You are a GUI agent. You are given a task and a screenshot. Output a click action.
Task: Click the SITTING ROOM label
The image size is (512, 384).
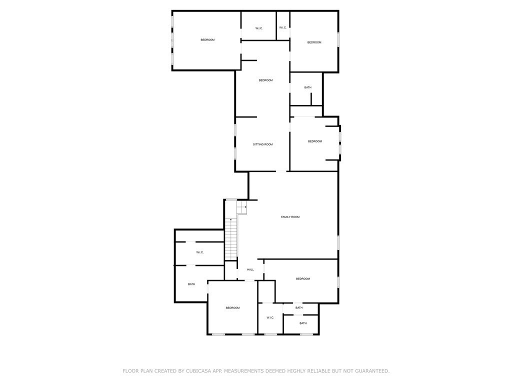(262, 144)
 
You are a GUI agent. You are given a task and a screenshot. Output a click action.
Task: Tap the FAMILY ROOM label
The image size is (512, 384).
(290, 217)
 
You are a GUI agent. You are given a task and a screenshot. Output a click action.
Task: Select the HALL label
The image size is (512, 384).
(250, 269)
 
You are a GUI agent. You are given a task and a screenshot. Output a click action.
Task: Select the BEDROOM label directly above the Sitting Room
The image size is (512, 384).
(265, 80)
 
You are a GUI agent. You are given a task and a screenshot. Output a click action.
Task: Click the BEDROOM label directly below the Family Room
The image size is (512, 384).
(302, 279)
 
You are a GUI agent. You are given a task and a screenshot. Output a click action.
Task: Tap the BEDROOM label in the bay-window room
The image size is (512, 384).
(315, 141)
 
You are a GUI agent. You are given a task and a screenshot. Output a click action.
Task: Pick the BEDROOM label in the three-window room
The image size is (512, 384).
(207, 40)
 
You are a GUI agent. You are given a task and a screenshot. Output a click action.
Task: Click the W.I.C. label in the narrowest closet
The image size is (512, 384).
(283, 27)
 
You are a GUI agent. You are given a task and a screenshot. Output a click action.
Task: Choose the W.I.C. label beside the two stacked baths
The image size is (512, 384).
(270, 317)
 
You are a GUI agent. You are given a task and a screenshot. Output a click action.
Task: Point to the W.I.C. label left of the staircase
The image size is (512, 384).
(200, 252)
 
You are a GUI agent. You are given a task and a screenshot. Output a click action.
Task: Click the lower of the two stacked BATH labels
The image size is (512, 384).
(303, 323)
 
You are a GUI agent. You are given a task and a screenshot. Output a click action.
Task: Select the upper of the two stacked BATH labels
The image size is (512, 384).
(299, 307)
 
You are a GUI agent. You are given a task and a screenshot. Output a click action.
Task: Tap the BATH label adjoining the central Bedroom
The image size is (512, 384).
(307, 87)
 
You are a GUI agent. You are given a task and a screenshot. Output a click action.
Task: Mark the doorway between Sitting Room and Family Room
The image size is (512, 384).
(281, 171)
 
